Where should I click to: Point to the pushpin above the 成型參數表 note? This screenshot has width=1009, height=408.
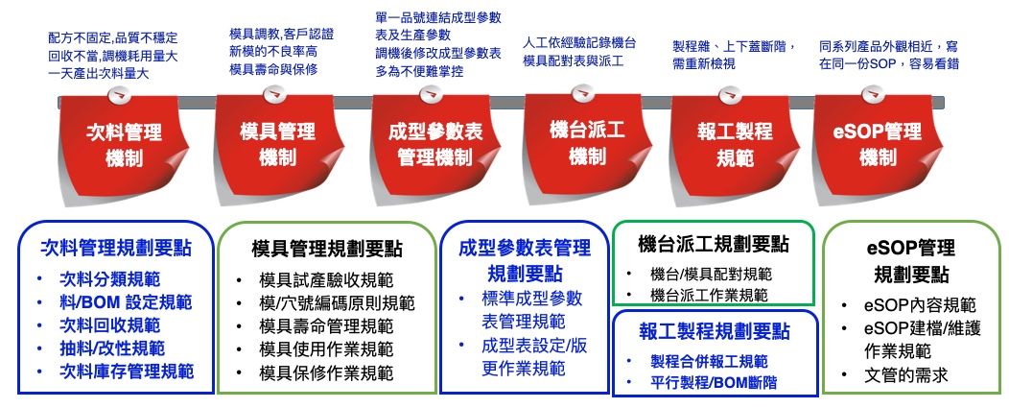click(431, 94)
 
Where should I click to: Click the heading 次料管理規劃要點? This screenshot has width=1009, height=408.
click(116, 248)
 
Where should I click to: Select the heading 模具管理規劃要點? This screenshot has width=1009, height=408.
click(327, 250)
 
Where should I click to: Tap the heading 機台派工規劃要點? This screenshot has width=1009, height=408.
click(713, 244)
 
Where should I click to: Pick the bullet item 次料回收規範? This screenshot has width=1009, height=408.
click(109, 325)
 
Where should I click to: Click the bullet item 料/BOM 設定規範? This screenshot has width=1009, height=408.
click(126, 302)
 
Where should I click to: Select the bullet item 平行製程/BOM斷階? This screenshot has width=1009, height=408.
click(714, 382)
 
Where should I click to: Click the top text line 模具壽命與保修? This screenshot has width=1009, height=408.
click(273, 69)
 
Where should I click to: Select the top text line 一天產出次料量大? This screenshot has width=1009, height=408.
click(99, 74)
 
